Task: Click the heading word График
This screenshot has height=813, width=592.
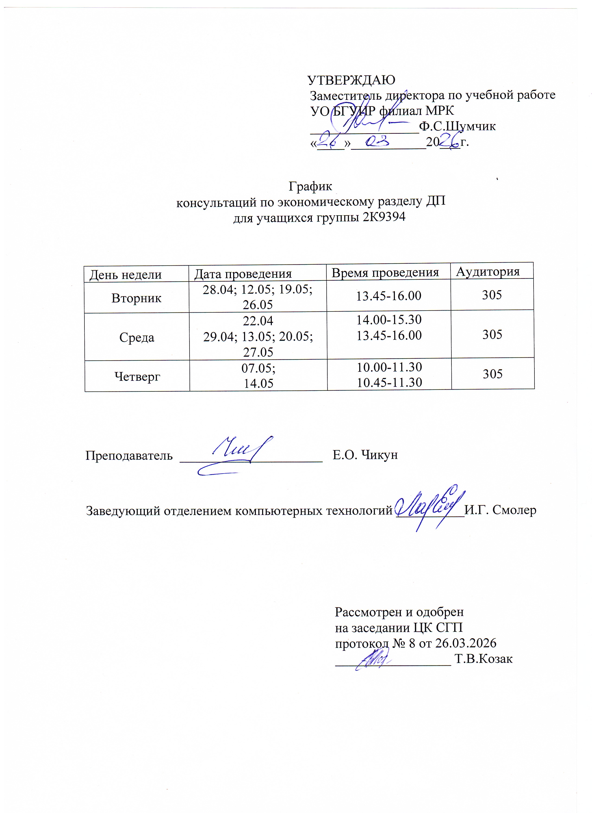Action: click(x=310, y=186)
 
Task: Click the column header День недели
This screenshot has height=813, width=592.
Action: click(x=125, y=275)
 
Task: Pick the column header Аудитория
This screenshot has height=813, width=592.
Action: click(x=488, y=271)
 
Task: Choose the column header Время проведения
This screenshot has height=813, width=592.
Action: click(x=385, y=273)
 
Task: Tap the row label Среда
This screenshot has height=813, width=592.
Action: click(x=137, y=337)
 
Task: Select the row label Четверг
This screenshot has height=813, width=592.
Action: click(x=137, y=376)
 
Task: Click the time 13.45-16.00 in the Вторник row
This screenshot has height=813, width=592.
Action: click(x=389, y=296)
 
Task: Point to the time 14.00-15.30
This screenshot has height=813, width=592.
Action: click(x=389, y=319)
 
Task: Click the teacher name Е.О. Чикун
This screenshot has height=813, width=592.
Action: click(x=365, y=455)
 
